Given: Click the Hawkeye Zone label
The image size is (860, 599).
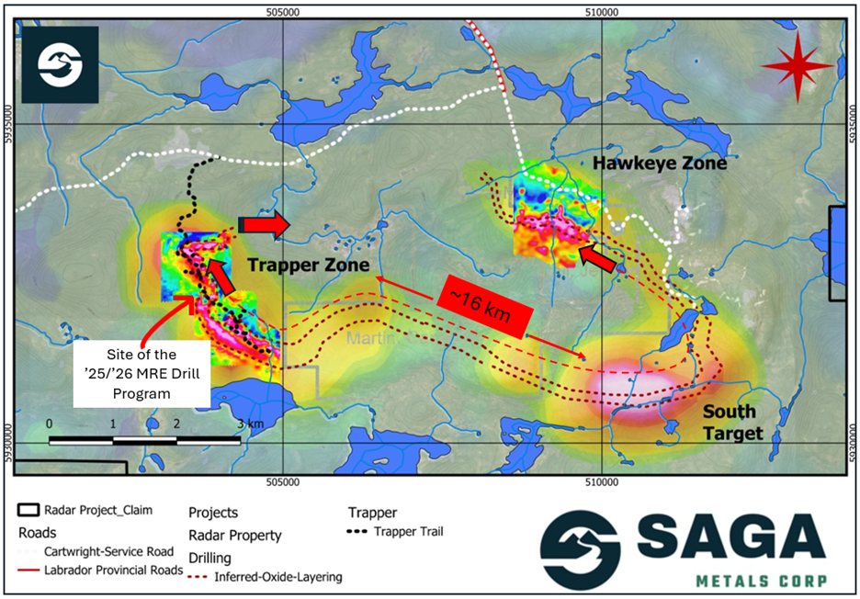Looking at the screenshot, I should click(x=659, y=164).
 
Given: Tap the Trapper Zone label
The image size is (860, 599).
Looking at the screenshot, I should click(x=308, y=266).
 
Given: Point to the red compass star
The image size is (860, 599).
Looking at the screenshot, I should click(x=798, y=64).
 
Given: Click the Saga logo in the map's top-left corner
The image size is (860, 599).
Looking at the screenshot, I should click(x=61, y=64).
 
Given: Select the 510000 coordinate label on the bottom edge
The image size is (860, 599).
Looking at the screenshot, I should click(x=600, y=480).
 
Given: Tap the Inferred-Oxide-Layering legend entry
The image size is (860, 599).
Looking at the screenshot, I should click(x=276, y=577).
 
